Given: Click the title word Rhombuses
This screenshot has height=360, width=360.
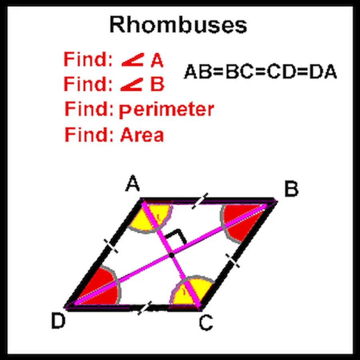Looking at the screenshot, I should click(178, 26).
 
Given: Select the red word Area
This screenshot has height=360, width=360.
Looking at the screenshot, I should click(142, 135).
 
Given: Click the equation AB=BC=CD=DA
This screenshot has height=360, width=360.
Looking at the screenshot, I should click(260, 72).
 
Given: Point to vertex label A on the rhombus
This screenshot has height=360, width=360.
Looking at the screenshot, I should click(132, 185).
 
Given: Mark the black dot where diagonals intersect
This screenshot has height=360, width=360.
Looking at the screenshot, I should click(171, 255).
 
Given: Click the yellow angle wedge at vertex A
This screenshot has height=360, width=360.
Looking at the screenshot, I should click(154, 218).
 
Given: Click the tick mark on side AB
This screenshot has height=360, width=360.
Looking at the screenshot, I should click(200, 201).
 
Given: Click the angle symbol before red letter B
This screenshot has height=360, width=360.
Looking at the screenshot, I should click(132, 84).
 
